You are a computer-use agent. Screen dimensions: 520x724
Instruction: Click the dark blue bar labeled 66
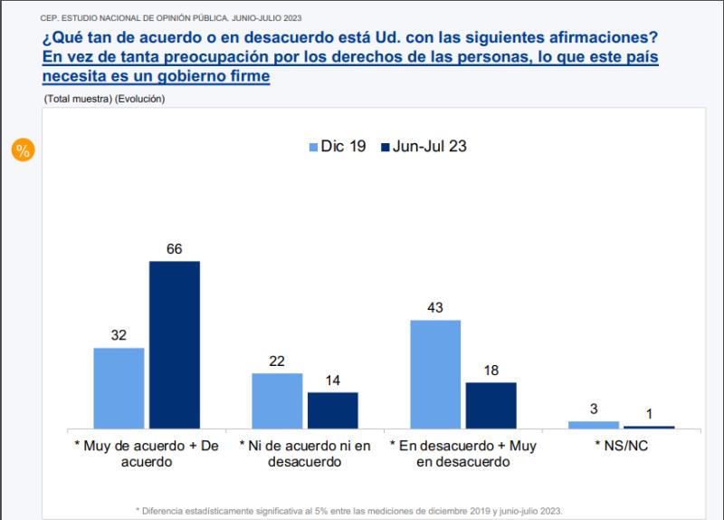[175, 344]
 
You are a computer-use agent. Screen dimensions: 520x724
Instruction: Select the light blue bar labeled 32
[119, 387]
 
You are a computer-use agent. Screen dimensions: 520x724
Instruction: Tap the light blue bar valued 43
[435, 373]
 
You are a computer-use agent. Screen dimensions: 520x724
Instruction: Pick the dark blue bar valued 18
[491, 405]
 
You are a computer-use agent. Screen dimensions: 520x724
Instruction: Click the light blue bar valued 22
[277, 400]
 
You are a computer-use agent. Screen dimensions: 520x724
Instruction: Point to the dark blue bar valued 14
[333, 409]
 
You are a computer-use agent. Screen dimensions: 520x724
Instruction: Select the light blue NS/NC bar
[594, 424]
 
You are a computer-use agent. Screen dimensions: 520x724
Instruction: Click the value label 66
[175, 249]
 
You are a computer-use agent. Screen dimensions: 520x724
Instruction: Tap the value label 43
[435, 308]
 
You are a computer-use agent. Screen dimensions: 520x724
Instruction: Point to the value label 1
[649, 413]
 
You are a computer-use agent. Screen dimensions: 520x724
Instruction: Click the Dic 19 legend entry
[338, 146]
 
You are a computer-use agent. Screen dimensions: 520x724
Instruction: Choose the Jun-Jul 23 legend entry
[422, 146]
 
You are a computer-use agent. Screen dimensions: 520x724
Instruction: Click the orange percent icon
[23, 150]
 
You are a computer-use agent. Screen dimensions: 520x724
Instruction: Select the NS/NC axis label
[622, 446]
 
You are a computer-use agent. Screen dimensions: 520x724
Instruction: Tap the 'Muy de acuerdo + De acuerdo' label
[147, 453]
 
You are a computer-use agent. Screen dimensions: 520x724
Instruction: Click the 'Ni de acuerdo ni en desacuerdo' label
[305, 453]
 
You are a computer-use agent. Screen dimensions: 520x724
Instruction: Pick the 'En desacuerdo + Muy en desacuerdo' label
[463, 453]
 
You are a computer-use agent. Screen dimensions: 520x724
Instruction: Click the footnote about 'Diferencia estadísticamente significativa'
[348, 510]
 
